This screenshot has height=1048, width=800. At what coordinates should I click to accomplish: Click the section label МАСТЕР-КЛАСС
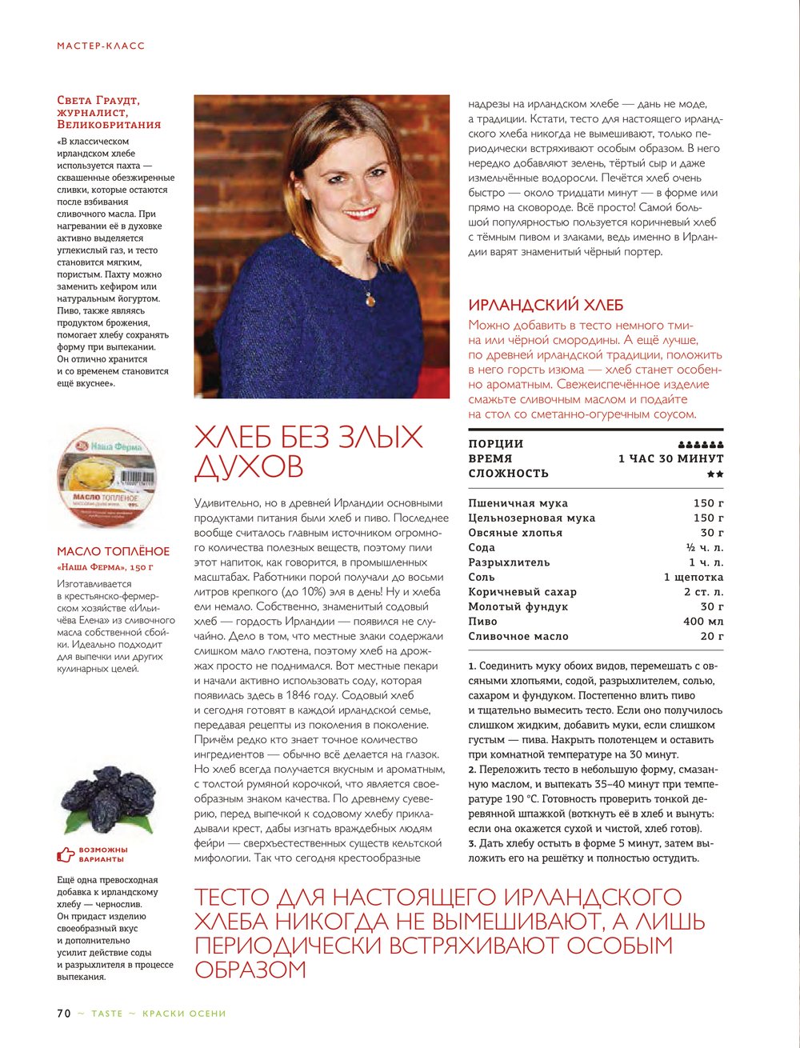[x=101, y=46]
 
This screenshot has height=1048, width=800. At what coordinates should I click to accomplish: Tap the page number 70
[x=64, y=1014]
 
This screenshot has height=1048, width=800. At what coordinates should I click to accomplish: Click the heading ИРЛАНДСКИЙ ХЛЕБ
[x=546, y=305]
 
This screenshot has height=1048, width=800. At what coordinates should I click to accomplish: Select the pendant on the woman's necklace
[x=370, y=299]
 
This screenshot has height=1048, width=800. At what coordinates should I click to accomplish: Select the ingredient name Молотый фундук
[x=518, y=607]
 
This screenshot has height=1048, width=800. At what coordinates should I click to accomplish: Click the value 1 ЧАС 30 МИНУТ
[x=670, y=459]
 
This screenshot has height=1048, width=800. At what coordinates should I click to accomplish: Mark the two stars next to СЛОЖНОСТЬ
[x=715, y=474]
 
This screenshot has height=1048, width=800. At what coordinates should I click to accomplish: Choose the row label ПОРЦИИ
[x=496, y=444]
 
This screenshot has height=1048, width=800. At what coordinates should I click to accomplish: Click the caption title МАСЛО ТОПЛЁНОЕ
[x=114, y=551]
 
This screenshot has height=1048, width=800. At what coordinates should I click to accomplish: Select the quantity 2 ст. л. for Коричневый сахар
[x=703, y=592]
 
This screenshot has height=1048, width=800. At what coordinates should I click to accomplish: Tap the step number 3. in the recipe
[x=472, y=843]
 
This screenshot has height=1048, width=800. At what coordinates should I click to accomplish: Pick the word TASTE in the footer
[x=107, y=1014]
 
